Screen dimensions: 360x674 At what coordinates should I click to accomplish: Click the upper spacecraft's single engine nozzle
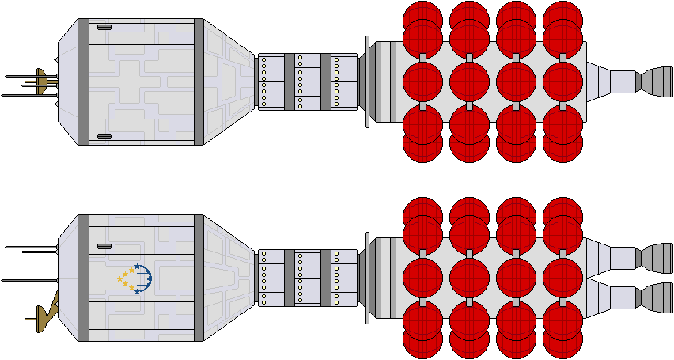tap(654, 81)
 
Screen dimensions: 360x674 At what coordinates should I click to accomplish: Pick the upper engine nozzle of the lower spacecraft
tap(654, 258)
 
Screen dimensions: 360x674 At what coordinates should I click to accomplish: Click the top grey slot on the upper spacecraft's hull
tap(104, 27)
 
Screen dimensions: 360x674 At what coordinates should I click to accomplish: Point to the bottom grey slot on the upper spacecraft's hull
tap(104, 136)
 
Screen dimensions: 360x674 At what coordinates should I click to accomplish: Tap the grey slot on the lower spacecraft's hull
tap(104, 246)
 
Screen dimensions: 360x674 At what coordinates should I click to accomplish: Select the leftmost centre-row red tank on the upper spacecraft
tap(423, 81)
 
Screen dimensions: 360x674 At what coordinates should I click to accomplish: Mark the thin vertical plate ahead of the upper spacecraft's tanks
tap(367, 81)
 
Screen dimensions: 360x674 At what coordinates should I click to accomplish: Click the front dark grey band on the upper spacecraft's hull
tap(83, 81)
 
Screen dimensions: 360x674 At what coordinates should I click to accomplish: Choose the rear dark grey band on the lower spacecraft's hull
tap(199, 278)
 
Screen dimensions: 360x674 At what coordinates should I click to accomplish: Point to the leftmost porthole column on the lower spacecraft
tap(263, 278)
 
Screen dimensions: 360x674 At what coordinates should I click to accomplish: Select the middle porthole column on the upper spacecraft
tap(300, 81)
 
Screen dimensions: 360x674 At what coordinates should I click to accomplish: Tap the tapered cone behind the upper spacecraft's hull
tap(229, 81)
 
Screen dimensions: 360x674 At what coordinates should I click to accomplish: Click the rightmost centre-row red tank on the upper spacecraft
tap(563, 81)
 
